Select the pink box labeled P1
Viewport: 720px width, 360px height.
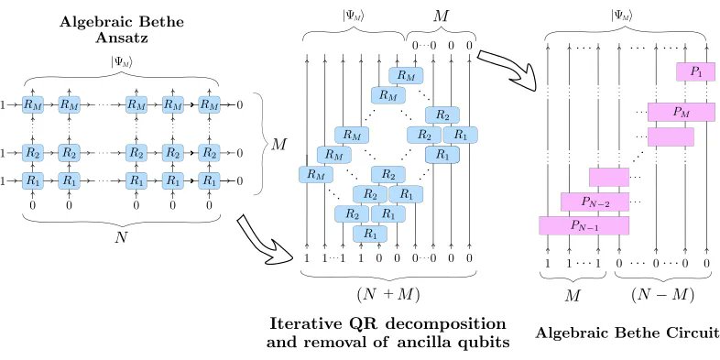[693, 71]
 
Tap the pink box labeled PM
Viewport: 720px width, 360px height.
[680, 112]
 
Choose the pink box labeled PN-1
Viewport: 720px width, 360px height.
[583, 224]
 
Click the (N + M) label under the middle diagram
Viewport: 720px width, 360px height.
[392, 295]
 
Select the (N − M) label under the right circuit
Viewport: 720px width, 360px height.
[662, 295]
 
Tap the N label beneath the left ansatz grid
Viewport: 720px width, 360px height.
[121, 236]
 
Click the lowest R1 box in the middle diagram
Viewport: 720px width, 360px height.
[369, 234]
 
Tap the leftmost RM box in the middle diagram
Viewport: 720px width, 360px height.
[315, 173]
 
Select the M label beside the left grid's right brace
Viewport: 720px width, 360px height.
[277, 144]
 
